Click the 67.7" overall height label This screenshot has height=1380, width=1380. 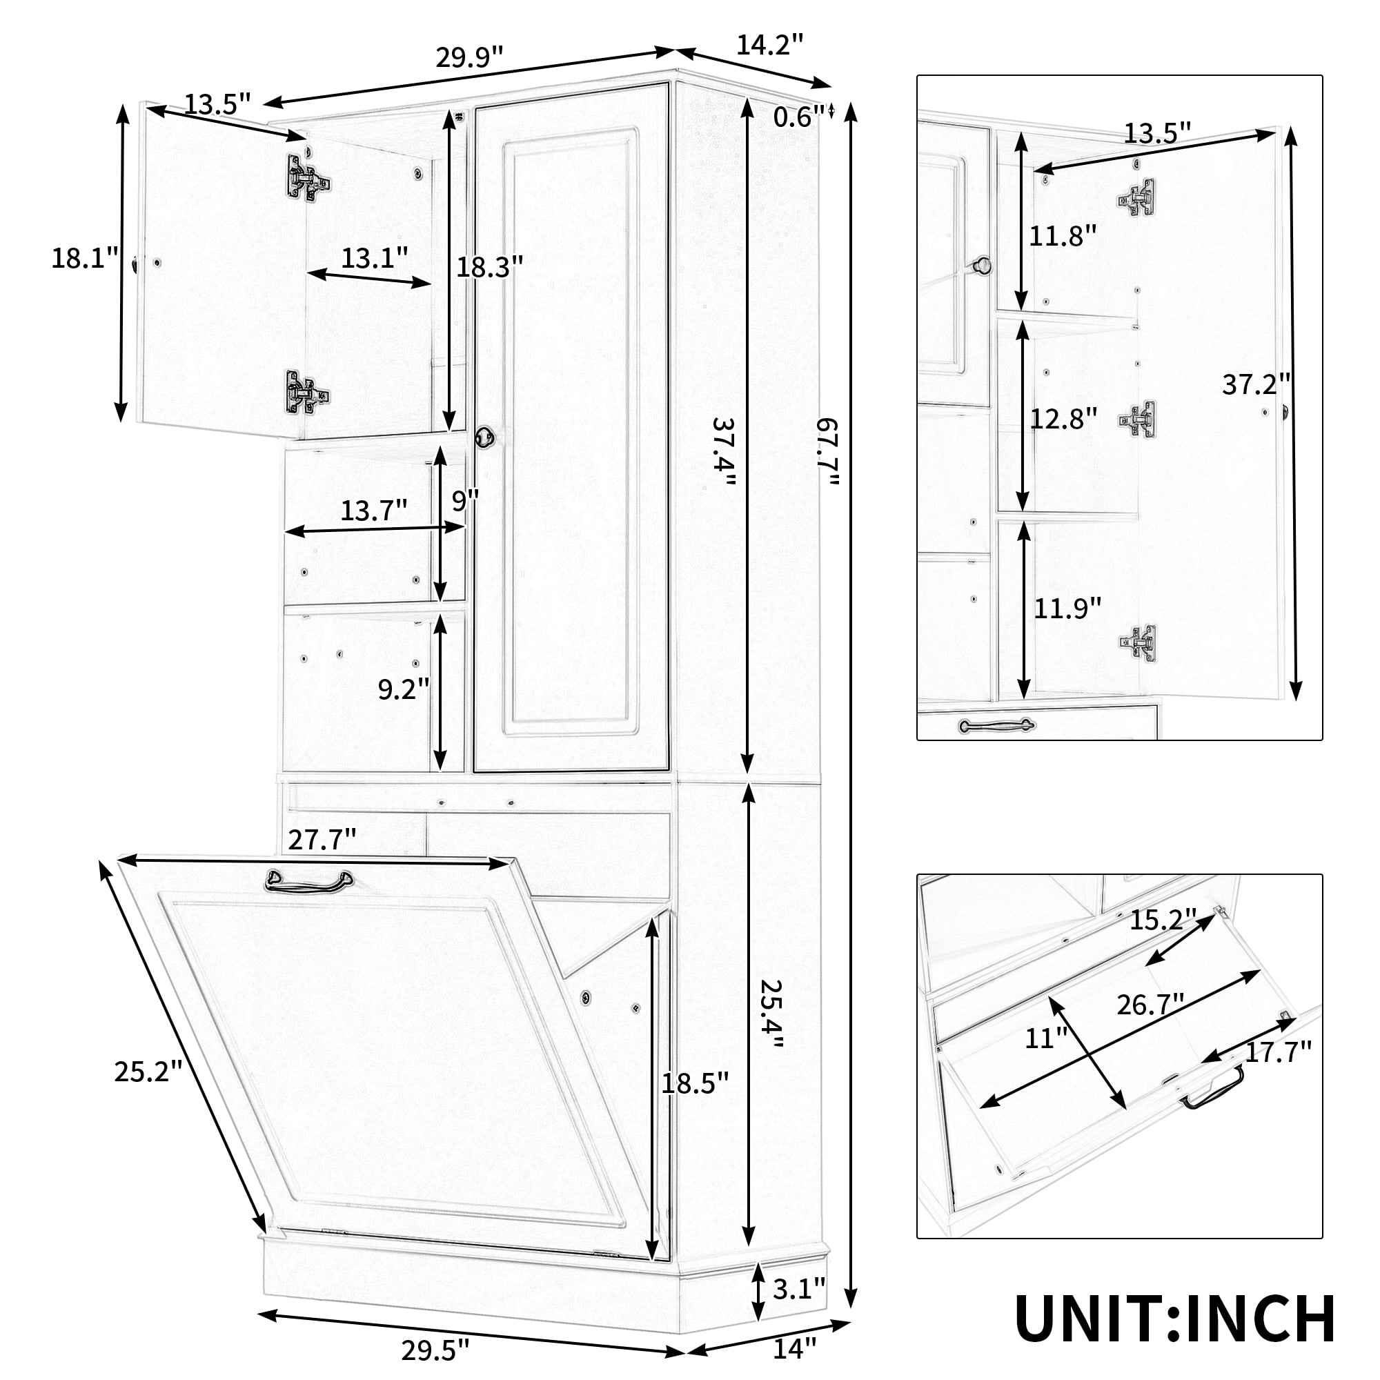(828, 452)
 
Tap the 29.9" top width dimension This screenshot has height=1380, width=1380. (469, 57)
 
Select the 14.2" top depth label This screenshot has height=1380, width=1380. (770, 44)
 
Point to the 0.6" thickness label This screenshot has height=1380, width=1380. (798, 116)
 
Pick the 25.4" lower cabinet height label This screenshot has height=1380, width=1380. (771, 1014)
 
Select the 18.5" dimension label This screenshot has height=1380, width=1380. (694, 1082)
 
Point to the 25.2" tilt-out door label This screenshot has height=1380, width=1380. (148, 1071)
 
